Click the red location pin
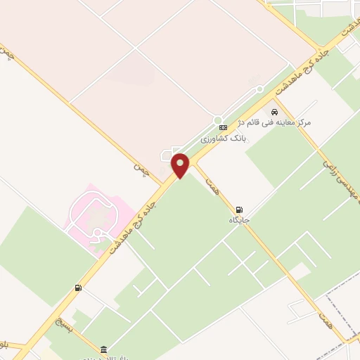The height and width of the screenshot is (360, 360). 181,165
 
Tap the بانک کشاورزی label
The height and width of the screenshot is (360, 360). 224,139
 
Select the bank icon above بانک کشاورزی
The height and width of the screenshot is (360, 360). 223,127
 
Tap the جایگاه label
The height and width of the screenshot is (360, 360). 239,220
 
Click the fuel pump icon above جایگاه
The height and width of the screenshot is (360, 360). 240,209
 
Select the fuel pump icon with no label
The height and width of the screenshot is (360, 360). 77,288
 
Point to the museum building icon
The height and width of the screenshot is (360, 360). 104,349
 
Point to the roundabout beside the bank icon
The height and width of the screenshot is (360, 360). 218,120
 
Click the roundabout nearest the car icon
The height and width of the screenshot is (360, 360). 259,89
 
